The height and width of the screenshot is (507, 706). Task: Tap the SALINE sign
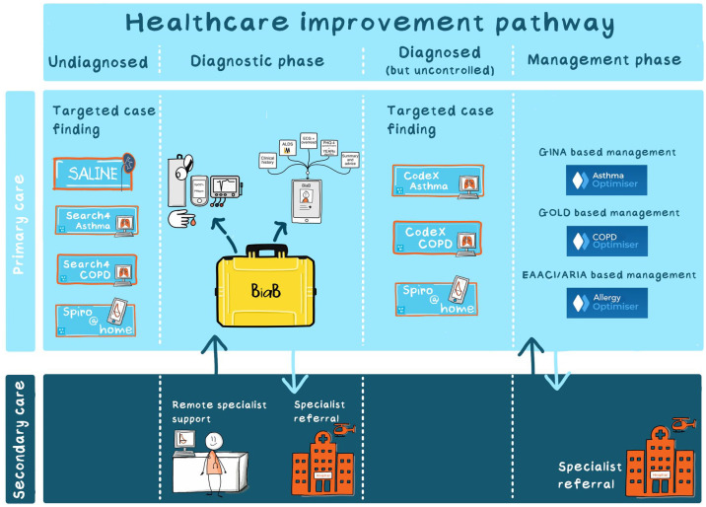[x=95, y=174]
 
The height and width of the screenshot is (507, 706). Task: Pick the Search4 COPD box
[x=96, y=269]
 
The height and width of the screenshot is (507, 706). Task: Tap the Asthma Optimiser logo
[x=606, y=180]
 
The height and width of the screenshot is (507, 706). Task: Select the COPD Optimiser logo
[x=606, y=240]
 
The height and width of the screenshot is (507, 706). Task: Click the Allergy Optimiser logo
[x=606, y=302]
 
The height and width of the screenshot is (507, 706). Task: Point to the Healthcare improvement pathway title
[x=372, y=24]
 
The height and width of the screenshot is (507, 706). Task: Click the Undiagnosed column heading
[x=98, y=62]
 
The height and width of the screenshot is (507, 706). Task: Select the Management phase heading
[x=603, y=60]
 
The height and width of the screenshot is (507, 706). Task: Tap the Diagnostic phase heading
[x=255, y=61]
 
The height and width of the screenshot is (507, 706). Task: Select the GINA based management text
[x=606, y=153]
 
